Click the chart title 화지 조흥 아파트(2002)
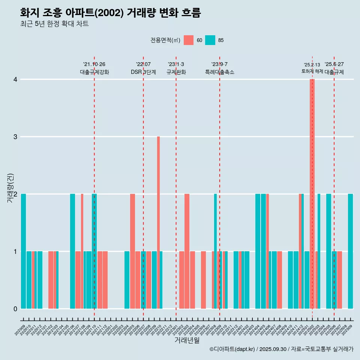pos(110,13)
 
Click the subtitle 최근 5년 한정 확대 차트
pos(54,24)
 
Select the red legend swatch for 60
pos(189,40)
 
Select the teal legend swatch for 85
pos(210,40)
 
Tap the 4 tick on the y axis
pos(15,79)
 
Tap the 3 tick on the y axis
pos(15,137)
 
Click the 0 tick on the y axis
pos(15,309)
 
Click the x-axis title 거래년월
pos(187,340)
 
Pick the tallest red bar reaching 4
pos(312,193)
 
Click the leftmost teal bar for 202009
pos(24,251)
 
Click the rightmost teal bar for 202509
pos(350,251)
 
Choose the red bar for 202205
pos(132,251)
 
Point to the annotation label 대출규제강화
pos(94,72)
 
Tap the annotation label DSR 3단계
pos(143,72)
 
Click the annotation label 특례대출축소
pos(219,72)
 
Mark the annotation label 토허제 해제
pos(312,71)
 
